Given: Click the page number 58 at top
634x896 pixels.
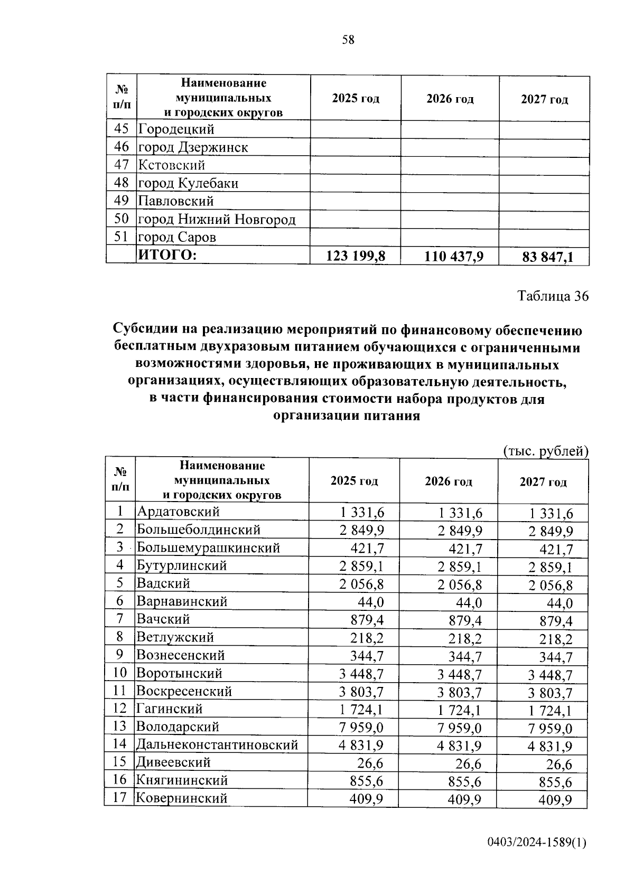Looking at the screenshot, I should (348, 40).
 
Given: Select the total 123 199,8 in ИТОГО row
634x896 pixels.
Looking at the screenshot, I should (356, 256).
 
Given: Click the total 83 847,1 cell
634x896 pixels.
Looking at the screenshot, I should (547, 257).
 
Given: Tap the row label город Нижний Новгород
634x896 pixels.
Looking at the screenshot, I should (217, 219).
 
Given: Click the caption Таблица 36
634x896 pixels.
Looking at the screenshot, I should (553, 296).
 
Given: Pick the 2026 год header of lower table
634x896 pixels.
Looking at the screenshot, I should (448, 482).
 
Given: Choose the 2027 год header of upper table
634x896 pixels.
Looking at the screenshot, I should (544, 99).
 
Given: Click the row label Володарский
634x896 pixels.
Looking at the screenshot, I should (178, 727).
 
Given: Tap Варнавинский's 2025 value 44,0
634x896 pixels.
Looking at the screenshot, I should (371, 602).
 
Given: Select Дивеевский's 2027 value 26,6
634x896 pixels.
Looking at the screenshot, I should (560, 764).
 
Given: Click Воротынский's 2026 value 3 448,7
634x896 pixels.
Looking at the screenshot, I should (460, 674).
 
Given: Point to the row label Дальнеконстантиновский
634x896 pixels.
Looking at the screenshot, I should (217, 744).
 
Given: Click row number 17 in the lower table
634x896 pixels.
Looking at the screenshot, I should (120, 797).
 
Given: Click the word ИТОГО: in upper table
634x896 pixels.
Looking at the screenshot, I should (167, 256).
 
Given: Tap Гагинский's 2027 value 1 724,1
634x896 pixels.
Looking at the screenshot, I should (551, 710).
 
